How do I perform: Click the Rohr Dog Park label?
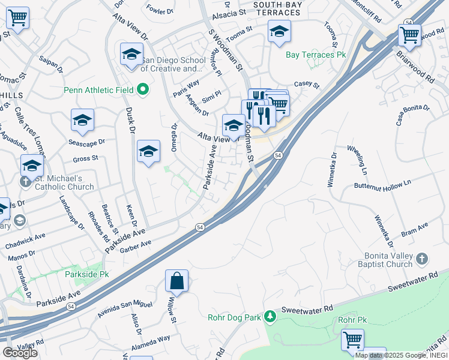pos(237,317)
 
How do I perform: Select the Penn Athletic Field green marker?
pos(143,91)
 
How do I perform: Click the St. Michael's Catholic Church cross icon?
pos(26,179)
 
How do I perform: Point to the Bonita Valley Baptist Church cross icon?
pos(423,258)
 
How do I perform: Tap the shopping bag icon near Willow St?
pos(176,280)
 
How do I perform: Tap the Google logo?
pos(20,353)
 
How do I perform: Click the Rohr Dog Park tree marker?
pos(270,316)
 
